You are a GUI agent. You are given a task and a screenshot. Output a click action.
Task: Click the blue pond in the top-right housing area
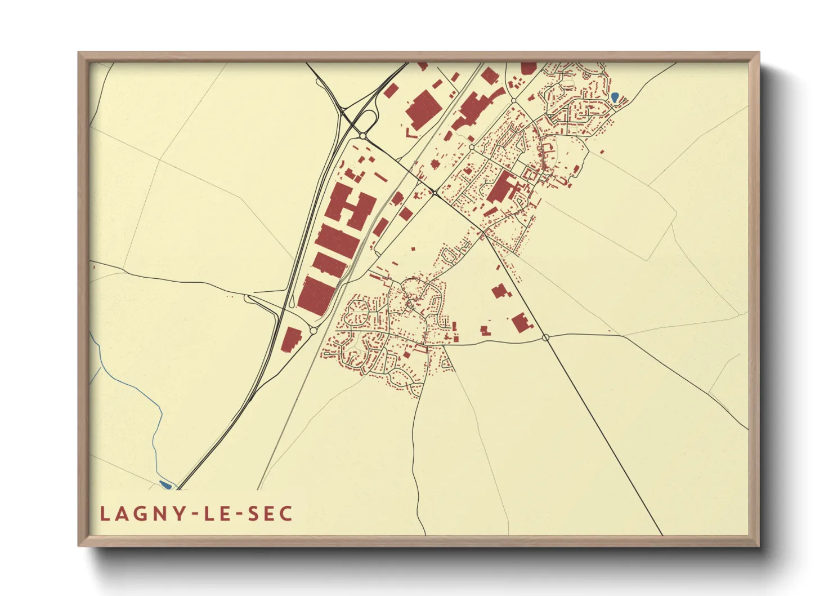pos(615,97)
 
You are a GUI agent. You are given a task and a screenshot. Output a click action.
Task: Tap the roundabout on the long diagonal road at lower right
pos(545,337)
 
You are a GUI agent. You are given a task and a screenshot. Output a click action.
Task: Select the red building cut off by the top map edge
pos(529,68)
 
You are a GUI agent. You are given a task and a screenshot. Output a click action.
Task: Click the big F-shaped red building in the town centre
pos(503,188)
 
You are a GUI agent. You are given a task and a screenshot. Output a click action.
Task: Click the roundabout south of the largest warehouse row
pos(314,331)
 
